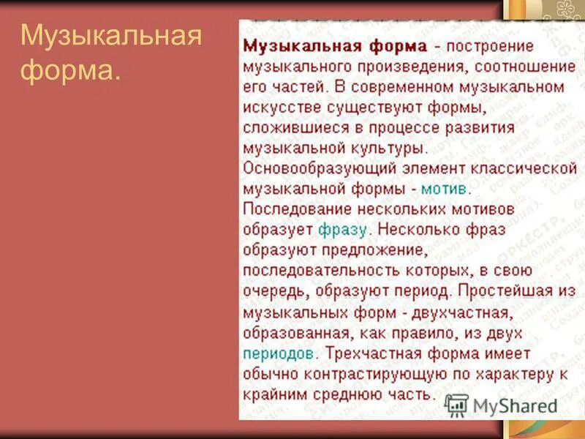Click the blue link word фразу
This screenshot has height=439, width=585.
coord(342,229)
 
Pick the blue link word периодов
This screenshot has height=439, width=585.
coord(280,353)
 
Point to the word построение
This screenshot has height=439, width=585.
coord(489,46)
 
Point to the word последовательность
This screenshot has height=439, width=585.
coord(327,270)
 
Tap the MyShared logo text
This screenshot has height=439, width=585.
coord(513,405)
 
